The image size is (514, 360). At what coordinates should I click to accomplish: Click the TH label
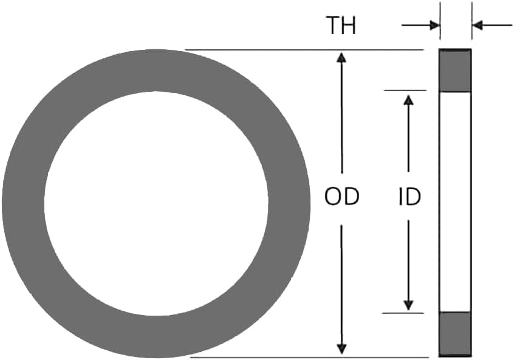pyautogui.click(x=341, y=26)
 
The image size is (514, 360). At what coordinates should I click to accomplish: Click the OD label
pyautogui.click(x=341, y=196)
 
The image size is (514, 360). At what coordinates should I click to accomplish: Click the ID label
pyautogui.click(x=409, y=196)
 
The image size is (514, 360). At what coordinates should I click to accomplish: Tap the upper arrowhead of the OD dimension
pyautogui.click(x=341, y=58)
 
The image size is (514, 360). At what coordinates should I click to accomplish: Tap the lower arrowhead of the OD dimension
pyautogui.click(x=341, y=348)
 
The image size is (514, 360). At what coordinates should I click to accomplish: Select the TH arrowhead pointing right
pyautogui.click(x=434, y=26)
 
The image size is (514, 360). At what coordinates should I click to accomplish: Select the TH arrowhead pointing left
pyautogui.click(x=478, y=26)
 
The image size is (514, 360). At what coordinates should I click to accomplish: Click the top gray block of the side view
pyautogui.click(x=455, y=71)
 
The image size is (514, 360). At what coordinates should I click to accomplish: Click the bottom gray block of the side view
pyautogui.click(x=455, y=333)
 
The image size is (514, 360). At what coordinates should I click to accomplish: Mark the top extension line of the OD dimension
pyautogui.click(x=304, y=50)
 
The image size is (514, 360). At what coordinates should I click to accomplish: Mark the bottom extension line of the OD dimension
pyautogui.click(x=304, y=357)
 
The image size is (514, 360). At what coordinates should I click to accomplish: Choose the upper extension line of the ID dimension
pyautogui.click(x=405, y=91)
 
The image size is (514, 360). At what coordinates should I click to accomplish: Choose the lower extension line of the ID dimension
pyautogui.click(x=405, y=313)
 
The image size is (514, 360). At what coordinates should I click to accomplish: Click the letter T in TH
pyautogui.click(x=334, y=26)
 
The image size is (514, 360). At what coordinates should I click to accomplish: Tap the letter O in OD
pyautogui.click(x=333, y=196)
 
